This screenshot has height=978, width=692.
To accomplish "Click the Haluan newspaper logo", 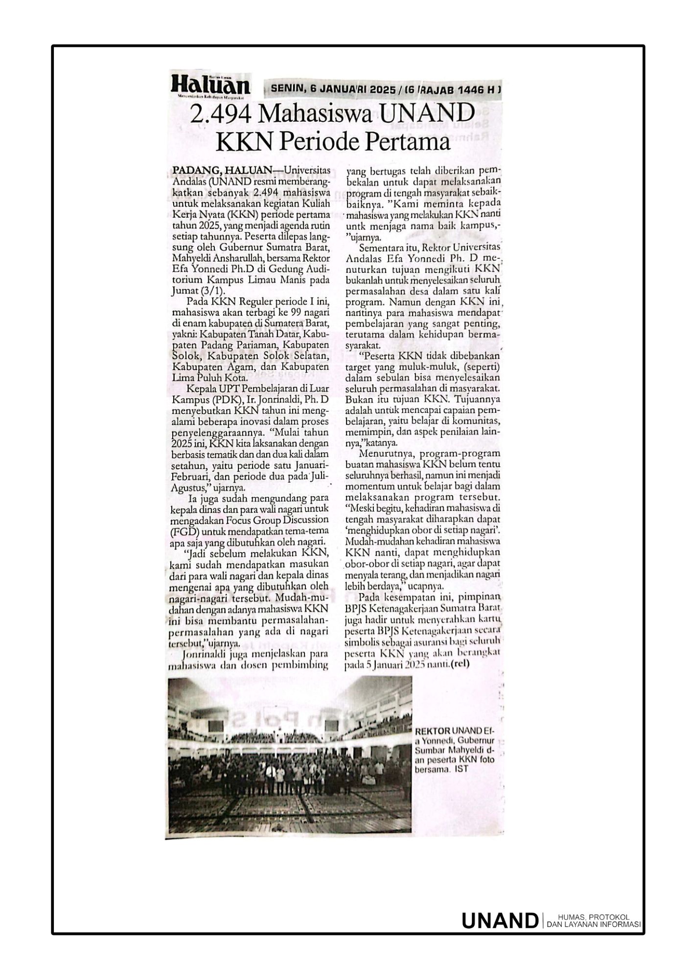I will tap(210, 86).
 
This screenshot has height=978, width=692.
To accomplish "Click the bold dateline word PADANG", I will tap(192, 170).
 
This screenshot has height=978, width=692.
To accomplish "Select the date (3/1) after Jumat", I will tap(208, 290).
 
